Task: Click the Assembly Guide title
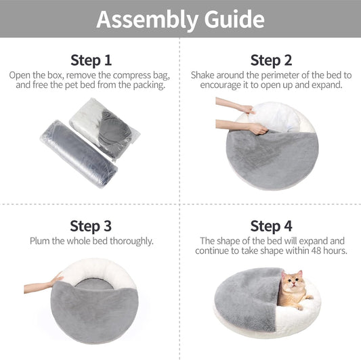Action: (x=180, y=19)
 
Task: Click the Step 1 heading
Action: (x=91, y=60)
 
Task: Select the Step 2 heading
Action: (x=270, y=60)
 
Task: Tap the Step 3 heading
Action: (x=91, y=225)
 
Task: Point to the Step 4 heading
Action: (x=270, y=225)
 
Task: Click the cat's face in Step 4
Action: (x=291, y=283)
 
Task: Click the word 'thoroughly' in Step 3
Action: (x=129, y=241)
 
